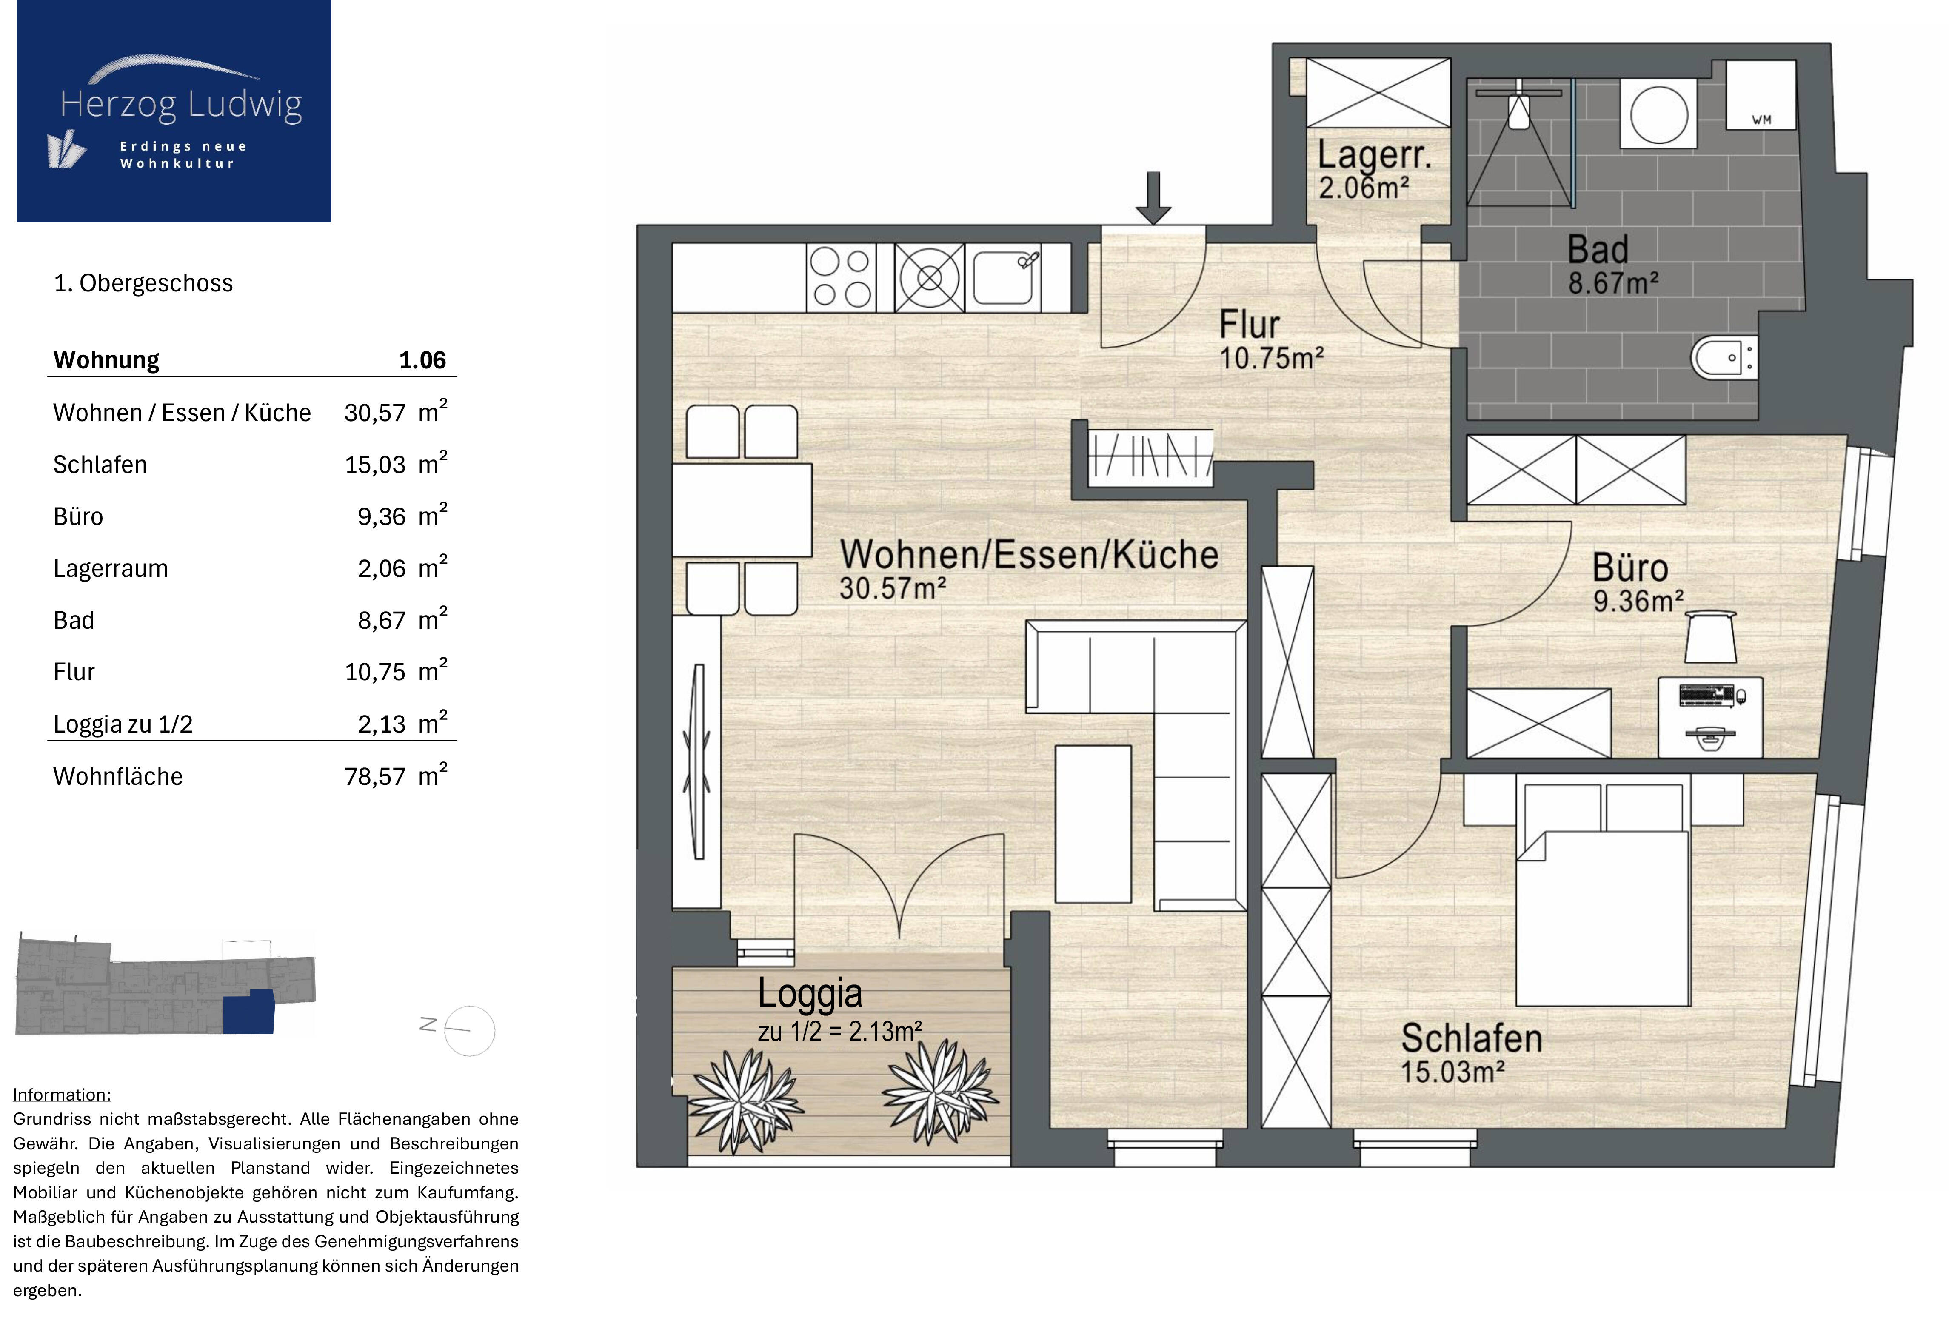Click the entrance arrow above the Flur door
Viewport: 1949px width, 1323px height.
(1154, 199)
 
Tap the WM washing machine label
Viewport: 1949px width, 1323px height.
(1761, 120)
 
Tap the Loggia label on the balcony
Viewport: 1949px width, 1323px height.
(810, 993)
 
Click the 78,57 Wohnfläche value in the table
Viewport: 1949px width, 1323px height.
(375, 776)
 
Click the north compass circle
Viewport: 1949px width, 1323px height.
(470, 1030)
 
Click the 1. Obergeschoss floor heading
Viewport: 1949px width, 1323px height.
(143, 283)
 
